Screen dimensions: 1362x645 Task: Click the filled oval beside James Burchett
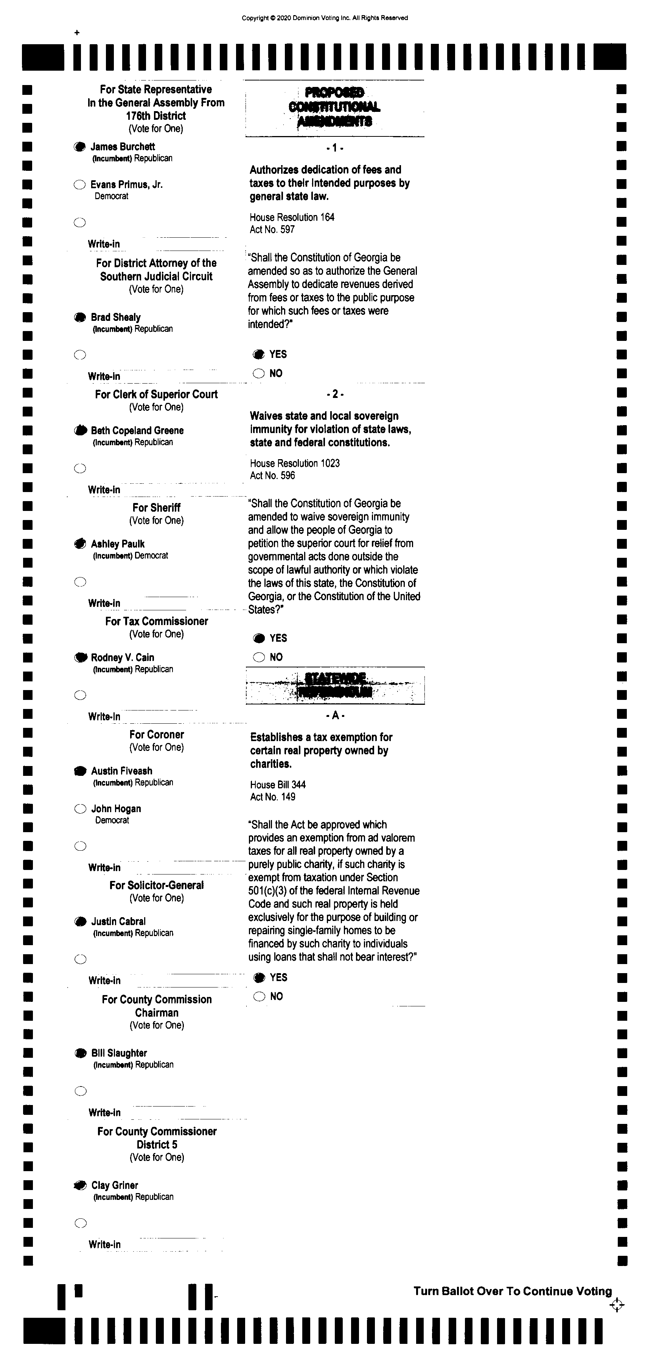(x=80, y=147)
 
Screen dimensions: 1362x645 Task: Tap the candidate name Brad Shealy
(x=115, y=317)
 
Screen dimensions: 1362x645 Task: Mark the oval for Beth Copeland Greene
(x=80, y=430)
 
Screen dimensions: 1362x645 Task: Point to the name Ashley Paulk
(x=118, y=544)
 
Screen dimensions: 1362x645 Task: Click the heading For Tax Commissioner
(x=157, y=621)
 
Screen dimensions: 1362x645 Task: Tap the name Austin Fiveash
(x=122, y=771)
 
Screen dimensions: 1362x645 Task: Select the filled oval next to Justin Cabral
(x=81, y=922)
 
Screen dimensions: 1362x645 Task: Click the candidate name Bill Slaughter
(x=119, y=1053)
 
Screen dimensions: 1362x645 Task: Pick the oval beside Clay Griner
(x=81, y=1186)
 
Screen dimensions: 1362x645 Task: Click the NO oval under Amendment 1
(x=259, y=374)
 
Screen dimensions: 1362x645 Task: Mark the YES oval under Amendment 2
(x=259, y=638)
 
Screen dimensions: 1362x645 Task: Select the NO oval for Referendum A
(x=259, y=997)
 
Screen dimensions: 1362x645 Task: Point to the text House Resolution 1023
(x=295, y=463)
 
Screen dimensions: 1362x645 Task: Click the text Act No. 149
(x=272, y=797)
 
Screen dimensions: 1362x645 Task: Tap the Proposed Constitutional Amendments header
(x=334, y=107)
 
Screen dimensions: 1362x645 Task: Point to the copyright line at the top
(x=325, y=18)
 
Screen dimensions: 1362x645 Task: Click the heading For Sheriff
(x=157, y=508)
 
